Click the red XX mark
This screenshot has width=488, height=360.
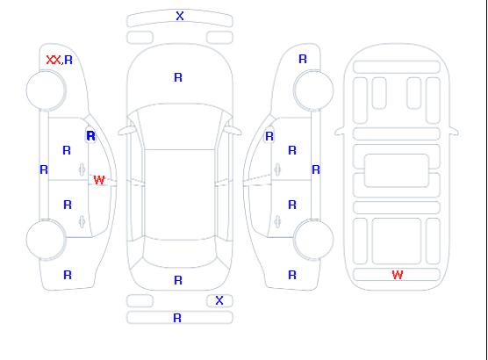(54, 60)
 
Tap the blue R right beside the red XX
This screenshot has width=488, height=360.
(68, 60)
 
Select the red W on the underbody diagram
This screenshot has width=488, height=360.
(398, 275)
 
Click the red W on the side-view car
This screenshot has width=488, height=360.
(99, 180)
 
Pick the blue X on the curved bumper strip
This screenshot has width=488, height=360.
(180, 16)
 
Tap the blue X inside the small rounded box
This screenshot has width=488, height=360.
(219, 300)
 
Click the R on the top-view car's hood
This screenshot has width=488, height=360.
(178, 77)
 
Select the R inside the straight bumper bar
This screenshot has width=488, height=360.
(177, 318)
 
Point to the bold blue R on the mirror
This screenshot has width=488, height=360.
(90, 136)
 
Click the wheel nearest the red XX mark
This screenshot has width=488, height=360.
(46, 90)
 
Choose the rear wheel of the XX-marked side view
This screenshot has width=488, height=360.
(46, 240)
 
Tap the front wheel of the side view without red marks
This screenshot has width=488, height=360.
(313, 90)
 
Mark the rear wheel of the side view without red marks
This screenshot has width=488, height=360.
(313, 240)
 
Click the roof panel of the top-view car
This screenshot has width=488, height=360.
(180, 194)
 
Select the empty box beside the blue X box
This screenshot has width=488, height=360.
(140, 301)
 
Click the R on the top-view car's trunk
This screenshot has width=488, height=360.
(178, 280)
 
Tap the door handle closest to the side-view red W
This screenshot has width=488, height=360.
(82, 169)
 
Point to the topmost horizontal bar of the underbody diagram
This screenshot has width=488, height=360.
(397, 67)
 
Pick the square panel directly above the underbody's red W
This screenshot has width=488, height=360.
(397, 241)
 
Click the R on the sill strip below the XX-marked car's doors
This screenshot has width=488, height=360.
(44, 169)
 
